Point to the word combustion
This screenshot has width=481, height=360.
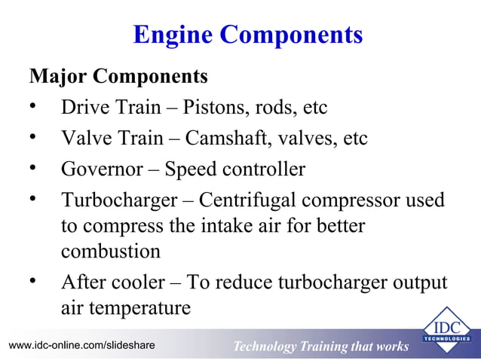pyautogui.click(x=111, y=251)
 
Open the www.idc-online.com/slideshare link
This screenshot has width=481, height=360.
pyautogui.click(x=81, y=345)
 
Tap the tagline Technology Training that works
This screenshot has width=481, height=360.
pyautogui.click(x=320, y=346)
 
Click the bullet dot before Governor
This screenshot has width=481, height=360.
pyautogui.click(x=33, y=168)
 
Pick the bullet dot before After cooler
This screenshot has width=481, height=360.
pyautogui.click(x=33, y=281)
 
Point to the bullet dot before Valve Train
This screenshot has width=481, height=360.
pyautogui.click(x=33, y=137)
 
